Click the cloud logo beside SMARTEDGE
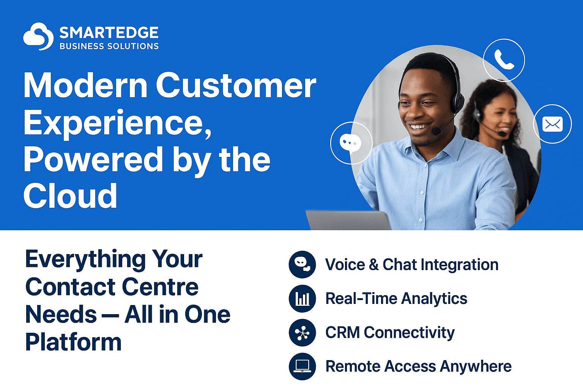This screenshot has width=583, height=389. tap(38, 36)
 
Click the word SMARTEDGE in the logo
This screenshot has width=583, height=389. tap(109, 33)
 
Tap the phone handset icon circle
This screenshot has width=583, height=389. tap(504, 60)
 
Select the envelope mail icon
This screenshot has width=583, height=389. tap(552, 124)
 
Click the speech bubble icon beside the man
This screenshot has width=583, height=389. tap(351, 143)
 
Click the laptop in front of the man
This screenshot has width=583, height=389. tap(348, 220)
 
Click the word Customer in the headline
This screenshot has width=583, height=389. tap(236, 85)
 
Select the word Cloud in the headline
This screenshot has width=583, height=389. tap(70, 196)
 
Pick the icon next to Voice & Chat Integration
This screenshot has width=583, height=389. tap(302, 264)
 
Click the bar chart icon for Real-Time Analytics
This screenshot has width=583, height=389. tap(302, 299)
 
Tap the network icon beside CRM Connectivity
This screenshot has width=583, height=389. tap(302, 332)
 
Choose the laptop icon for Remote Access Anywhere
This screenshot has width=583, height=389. tap(302, 367)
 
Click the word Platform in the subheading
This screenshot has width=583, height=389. tap(73, 342)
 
